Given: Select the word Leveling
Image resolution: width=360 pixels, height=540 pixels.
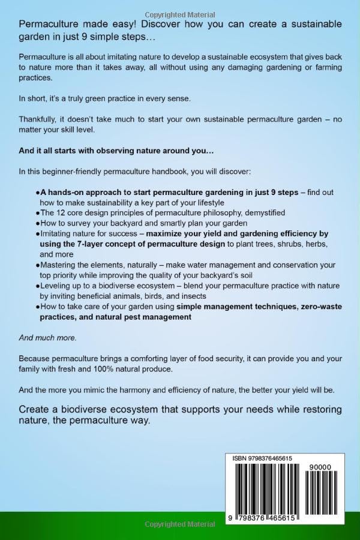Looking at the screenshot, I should point(56,285).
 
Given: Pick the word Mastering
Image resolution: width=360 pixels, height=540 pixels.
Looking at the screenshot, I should point(59,265).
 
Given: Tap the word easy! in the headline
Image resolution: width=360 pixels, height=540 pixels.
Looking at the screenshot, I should point(128,24).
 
